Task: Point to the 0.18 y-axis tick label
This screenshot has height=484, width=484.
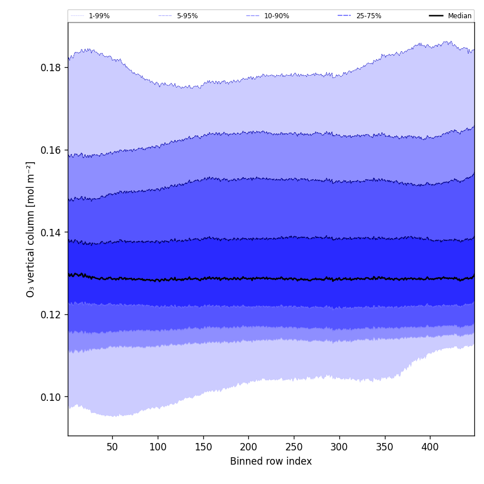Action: coord(51,68)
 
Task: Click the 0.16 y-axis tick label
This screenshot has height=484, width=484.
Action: coord(51,150)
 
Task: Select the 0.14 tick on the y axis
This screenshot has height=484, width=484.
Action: coord(51,232)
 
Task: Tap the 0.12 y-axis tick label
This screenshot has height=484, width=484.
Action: coord(51,315)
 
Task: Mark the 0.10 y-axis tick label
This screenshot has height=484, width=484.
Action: coord(51,397)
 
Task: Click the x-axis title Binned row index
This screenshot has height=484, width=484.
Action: coord(271,461)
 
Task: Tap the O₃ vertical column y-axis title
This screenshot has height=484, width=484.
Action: coord(31,229)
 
